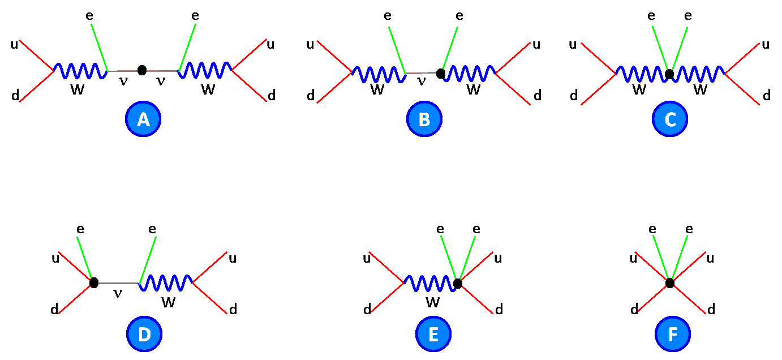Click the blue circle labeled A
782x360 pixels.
(x=143, y=119)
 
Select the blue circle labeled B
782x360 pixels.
(x=424, y=119)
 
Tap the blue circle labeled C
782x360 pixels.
(x=670, y=119)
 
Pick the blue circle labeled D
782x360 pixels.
(x=144, y=335)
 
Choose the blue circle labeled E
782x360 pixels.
(x=433, y=335)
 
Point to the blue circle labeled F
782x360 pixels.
(x=673, y=335)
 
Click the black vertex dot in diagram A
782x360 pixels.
(x=142, y=70)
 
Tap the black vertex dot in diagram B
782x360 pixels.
(x=441, y=74)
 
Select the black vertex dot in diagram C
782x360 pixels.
(x=669, y=74)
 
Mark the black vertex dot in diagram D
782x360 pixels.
(x=94, y=282)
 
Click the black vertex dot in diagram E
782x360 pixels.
(x=458, y=283)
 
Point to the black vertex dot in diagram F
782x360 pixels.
(x=670, y=282)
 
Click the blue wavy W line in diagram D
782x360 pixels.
(x=166, y=281)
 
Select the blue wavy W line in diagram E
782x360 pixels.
(x=430, y=282)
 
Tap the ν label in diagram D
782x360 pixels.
(x=118, y=293)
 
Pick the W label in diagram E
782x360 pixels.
(x=433, y=303)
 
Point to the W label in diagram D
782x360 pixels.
(x=169, y=303)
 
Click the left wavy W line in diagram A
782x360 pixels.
(x=81, y=71)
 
